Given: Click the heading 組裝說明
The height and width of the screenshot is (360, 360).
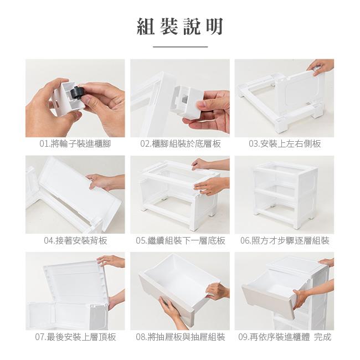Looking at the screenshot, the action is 180,27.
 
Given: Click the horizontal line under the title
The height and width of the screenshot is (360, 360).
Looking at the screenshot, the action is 180,47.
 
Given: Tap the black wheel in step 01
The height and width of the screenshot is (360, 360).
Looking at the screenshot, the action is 76,94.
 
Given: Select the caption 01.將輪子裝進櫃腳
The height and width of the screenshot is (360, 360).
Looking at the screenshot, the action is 75,144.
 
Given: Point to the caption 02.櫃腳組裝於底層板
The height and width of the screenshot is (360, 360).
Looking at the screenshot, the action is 181,144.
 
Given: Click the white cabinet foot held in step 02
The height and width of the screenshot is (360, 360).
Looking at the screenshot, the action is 188,102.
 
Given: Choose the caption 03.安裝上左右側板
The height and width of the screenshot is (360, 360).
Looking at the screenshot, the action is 285,144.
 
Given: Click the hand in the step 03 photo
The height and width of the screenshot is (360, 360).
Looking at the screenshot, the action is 321,66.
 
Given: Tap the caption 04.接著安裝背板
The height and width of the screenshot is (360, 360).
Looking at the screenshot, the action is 75,240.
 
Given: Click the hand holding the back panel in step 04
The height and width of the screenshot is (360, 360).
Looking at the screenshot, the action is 105,182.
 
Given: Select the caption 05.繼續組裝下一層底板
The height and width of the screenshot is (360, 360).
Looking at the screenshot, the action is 181,240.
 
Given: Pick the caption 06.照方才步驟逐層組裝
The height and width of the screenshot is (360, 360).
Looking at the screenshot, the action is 285,240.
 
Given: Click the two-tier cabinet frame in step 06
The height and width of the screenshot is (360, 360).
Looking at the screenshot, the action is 285,195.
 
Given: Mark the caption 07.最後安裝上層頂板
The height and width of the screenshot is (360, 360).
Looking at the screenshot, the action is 75,337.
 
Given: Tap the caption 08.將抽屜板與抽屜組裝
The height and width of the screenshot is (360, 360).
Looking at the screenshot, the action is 181,337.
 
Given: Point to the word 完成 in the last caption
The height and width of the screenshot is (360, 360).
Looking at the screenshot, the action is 322,337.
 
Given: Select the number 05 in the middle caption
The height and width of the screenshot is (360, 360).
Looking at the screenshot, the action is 140,241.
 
